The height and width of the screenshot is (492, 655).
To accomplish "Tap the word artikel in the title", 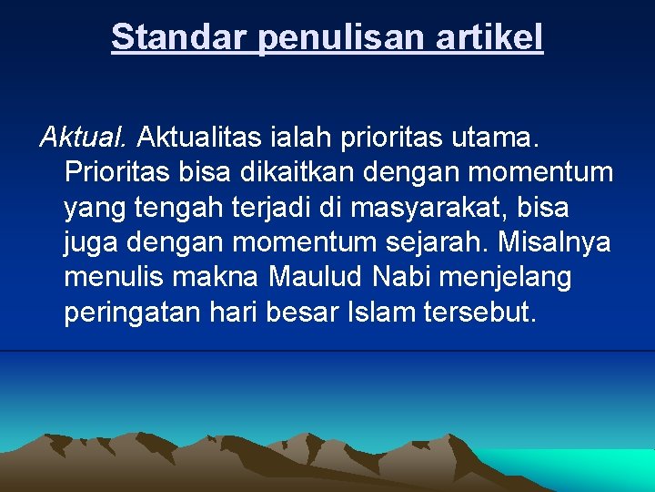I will [x=492, y=37].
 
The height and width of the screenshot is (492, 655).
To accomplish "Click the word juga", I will [x=91, y=242].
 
